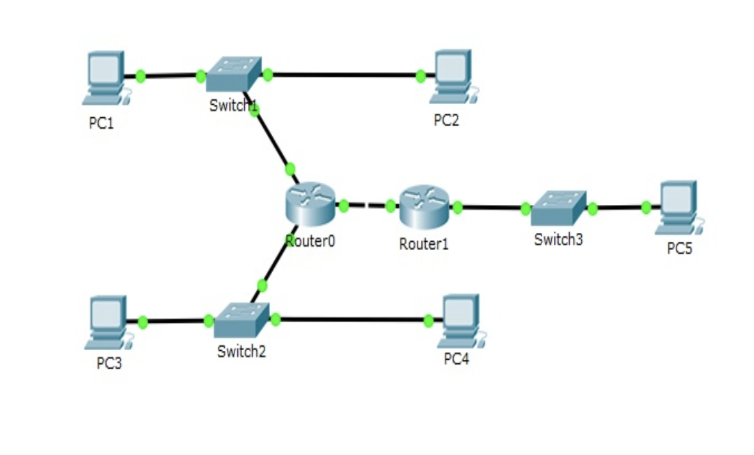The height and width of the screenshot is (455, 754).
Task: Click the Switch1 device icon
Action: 234,74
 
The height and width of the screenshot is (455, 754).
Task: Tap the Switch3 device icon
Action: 559,208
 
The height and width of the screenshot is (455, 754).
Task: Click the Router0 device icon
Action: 311,204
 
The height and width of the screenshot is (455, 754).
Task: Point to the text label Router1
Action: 424,244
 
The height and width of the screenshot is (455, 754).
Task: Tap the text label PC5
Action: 679,249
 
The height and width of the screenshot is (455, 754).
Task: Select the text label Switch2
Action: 241,352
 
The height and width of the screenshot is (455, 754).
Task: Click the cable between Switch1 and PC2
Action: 343,75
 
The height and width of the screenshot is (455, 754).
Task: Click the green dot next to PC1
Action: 141,75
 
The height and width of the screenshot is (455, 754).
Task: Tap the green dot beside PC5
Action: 646,207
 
